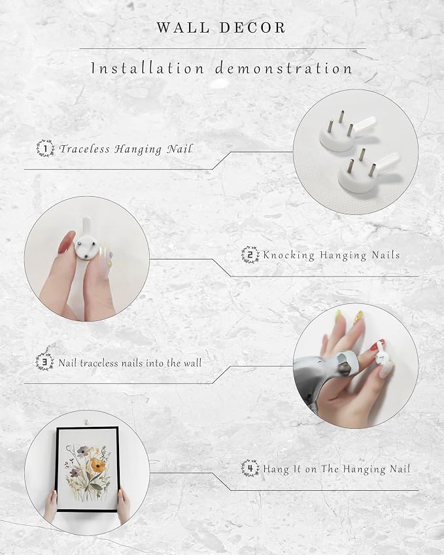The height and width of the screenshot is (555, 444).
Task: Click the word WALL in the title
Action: (x=182, y=28)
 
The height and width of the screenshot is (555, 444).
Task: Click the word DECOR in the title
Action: (x=253, y=28)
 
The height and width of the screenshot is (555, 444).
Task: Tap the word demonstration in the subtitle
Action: (x=284, y=68)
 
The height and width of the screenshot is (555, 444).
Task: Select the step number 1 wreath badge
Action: (x=45, y=148)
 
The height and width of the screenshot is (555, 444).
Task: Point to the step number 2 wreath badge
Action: (x=250, y=255)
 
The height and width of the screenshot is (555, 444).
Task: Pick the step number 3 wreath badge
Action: (x=45, y=362)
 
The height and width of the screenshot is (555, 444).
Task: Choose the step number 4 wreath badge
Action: (x=250, y=468)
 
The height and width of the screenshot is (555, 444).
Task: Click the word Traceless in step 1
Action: (x=84, y=148)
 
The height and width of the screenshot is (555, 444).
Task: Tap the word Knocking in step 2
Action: (x=289, y=256)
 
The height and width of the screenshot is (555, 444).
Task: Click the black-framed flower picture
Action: (x=87, y=469)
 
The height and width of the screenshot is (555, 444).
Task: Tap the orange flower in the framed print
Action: (x=98, y=465)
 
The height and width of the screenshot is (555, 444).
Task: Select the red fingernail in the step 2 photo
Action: (x=67, y=242)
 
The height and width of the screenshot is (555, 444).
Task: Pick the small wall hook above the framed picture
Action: (x=86, y=422)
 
